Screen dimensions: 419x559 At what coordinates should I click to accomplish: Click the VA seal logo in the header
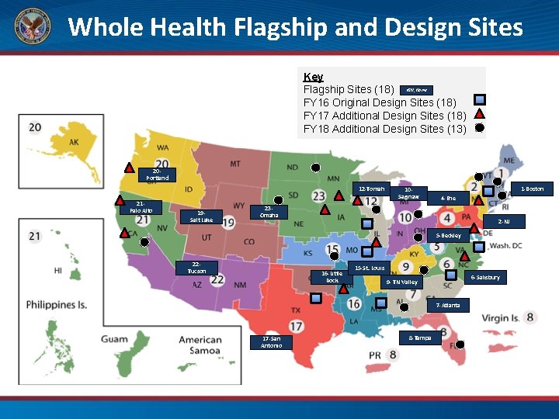point(32,27)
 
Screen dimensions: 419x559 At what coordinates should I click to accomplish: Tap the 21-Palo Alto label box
point(141,207)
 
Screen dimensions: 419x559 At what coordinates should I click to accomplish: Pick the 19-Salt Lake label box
point(201,216)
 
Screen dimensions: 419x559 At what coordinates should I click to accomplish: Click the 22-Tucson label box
point(196,268)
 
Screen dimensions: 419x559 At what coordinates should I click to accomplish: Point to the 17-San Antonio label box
point(271,342)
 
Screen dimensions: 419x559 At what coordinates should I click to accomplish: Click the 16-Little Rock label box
point(332,276)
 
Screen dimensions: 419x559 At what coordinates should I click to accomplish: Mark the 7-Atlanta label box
point(447,305)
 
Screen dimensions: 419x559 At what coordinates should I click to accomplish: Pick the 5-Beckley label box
point(448,235)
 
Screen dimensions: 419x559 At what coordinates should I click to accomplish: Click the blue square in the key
point(480,99)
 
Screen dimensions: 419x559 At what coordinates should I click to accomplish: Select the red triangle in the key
point(480,114)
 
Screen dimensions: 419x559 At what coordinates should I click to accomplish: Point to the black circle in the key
point(480,128)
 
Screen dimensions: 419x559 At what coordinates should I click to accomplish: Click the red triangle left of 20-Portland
point(129,168)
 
